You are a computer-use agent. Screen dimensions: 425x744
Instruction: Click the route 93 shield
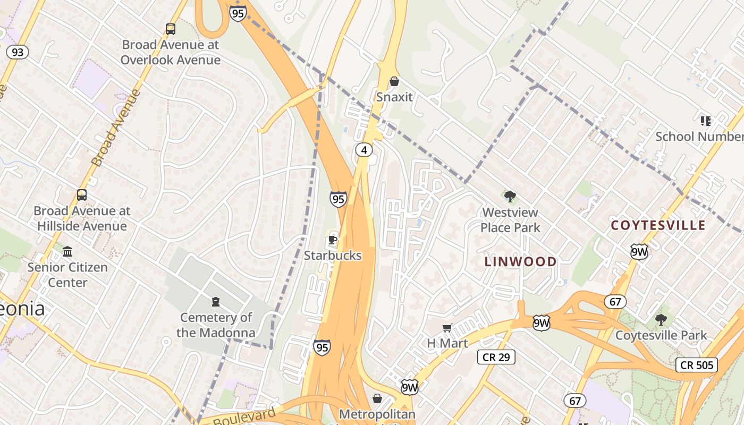point(18,52)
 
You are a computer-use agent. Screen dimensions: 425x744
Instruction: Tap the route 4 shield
point(363,150)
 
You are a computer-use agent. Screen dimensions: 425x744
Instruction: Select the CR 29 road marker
point(496,357)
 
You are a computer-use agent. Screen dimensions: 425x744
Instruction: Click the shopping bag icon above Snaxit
point(394,81)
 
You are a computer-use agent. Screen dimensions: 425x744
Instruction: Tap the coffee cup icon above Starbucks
point(333,240)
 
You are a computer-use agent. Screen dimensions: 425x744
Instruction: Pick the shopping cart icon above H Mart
point(447,328)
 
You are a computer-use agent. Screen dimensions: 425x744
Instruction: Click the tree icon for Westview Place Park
point(510,197)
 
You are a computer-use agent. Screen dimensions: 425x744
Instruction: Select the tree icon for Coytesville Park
point(661,319)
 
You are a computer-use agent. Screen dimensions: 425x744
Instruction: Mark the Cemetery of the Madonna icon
point(215,302)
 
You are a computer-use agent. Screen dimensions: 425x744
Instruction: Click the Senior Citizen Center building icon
point(67,251)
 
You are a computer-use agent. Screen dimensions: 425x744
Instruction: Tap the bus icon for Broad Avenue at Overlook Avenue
point(170,29)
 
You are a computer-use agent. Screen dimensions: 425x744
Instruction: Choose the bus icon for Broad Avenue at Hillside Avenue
point(81,195)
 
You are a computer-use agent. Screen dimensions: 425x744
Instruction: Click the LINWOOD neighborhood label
point(521,261)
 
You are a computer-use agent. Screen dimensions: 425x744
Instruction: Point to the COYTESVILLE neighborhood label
point(658,225)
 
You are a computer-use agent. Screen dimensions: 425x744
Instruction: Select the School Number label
point(699,137)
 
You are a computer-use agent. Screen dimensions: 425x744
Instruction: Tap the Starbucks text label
point(333,256)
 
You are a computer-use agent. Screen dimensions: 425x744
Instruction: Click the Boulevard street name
point(244,416)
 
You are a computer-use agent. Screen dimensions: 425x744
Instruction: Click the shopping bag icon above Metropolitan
point(377,398)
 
